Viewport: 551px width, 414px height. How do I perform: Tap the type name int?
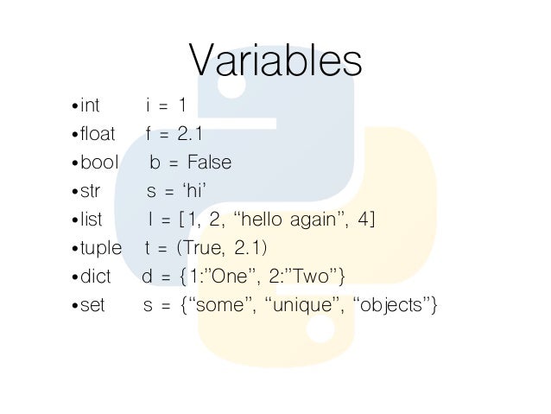pyautogui.click(x=90, y=106)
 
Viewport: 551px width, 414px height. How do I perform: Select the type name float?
pyautogui.click(x=97, y=135)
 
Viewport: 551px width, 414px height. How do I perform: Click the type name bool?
pyautogui.click(x=98, y=163)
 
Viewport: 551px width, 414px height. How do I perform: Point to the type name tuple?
pyautogui.click(x=101, y=248)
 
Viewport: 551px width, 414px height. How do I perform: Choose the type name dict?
pyautogui.click(x=95, y=277)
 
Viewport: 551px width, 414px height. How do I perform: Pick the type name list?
pyautogui.click(x=91, y=220)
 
